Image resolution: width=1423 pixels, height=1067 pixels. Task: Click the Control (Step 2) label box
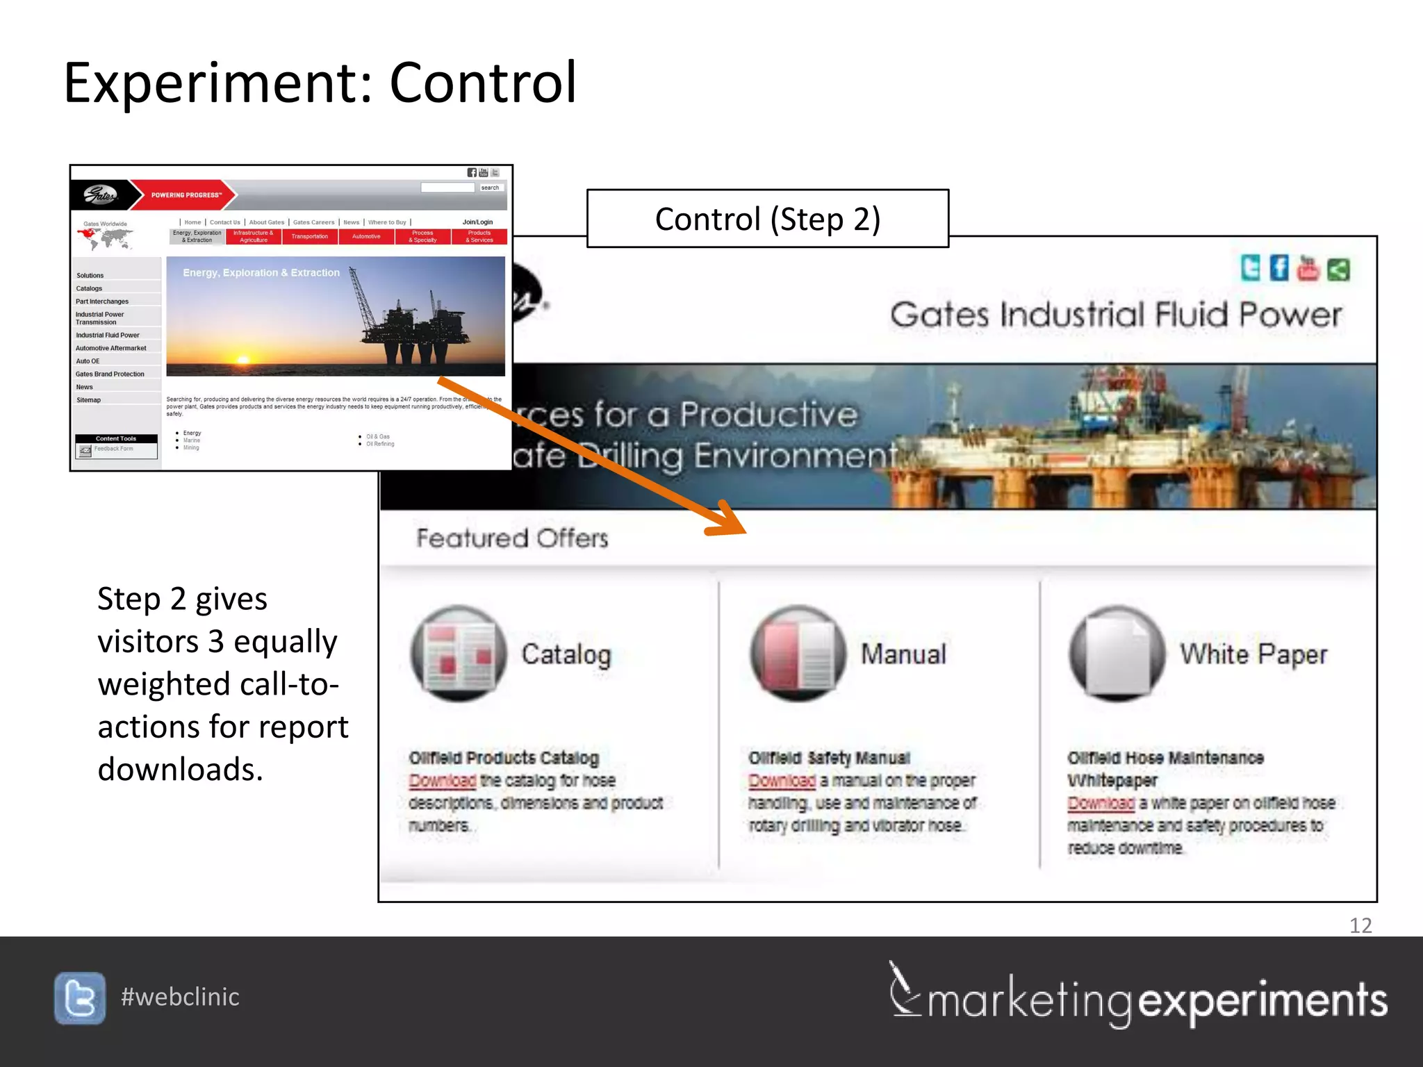tap(767, 219)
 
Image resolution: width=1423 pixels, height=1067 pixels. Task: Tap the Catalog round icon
tap(459, 653)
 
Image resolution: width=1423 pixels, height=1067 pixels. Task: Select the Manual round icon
tap(798, 653)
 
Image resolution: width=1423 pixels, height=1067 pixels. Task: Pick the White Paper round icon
tap(1117, 653)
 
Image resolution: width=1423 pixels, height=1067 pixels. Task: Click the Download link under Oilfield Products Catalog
tap(442, 781)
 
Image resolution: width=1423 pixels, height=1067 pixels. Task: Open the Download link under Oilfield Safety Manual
tap(782, 781)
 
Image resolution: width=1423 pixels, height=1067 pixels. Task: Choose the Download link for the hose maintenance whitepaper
tap(1101, 804)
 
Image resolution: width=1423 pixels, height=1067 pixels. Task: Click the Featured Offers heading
tap(512, 538)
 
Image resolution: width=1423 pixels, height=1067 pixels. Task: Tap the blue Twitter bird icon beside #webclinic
tap(80, 998)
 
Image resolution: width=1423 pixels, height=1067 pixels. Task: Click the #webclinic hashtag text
tap(180, 997)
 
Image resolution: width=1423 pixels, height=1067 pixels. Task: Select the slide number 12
tap(1360, 925)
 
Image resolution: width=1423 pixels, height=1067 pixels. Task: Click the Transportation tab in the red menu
tap(310, 237)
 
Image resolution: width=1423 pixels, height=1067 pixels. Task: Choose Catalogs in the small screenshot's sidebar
tap(89, 288)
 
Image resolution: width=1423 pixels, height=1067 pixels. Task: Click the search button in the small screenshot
tap(490, 188)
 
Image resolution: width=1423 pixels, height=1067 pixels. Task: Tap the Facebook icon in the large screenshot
tap(1278, 268)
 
